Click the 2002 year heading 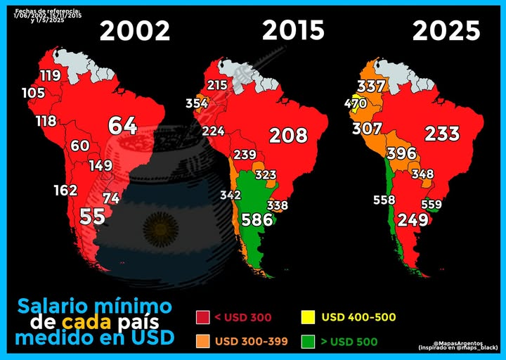[x=135, y=31]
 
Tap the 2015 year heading [x=294, y=30]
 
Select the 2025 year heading [x=446, y=30]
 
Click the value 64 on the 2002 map [x=122, y=126]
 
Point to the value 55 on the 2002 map [x=92, y=216]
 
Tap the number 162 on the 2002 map [x=65, y=191]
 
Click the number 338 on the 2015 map [x=278, y=205]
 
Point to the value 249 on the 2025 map [x=413, y=219]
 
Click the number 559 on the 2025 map [x=431, y=205]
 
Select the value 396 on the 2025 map [x=402, y=153]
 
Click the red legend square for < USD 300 [x=203, y=318]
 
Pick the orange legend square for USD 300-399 [x=203, y=342]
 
